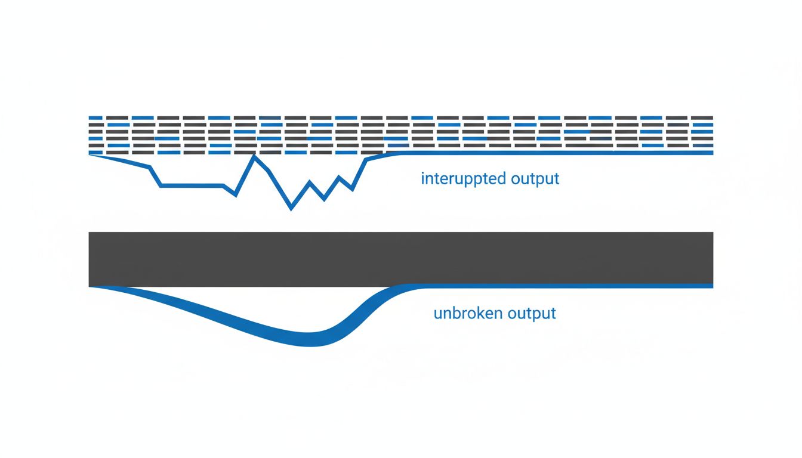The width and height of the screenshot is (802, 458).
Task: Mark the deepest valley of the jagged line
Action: (291, 208)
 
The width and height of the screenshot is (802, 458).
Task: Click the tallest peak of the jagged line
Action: (255, 157)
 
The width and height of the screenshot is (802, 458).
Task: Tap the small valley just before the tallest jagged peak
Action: (236, 194)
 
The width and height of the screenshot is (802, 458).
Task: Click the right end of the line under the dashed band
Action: (711, 153)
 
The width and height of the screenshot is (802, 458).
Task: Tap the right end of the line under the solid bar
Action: (711, 286)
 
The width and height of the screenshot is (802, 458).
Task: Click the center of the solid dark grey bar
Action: (400, 258)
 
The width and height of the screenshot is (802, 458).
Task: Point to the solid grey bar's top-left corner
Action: (90, 233)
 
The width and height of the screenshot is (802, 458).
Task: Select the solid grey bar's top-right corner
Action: (712, 233)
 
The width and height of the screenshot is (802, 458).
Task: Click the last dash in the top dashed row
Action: (702, 117)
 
